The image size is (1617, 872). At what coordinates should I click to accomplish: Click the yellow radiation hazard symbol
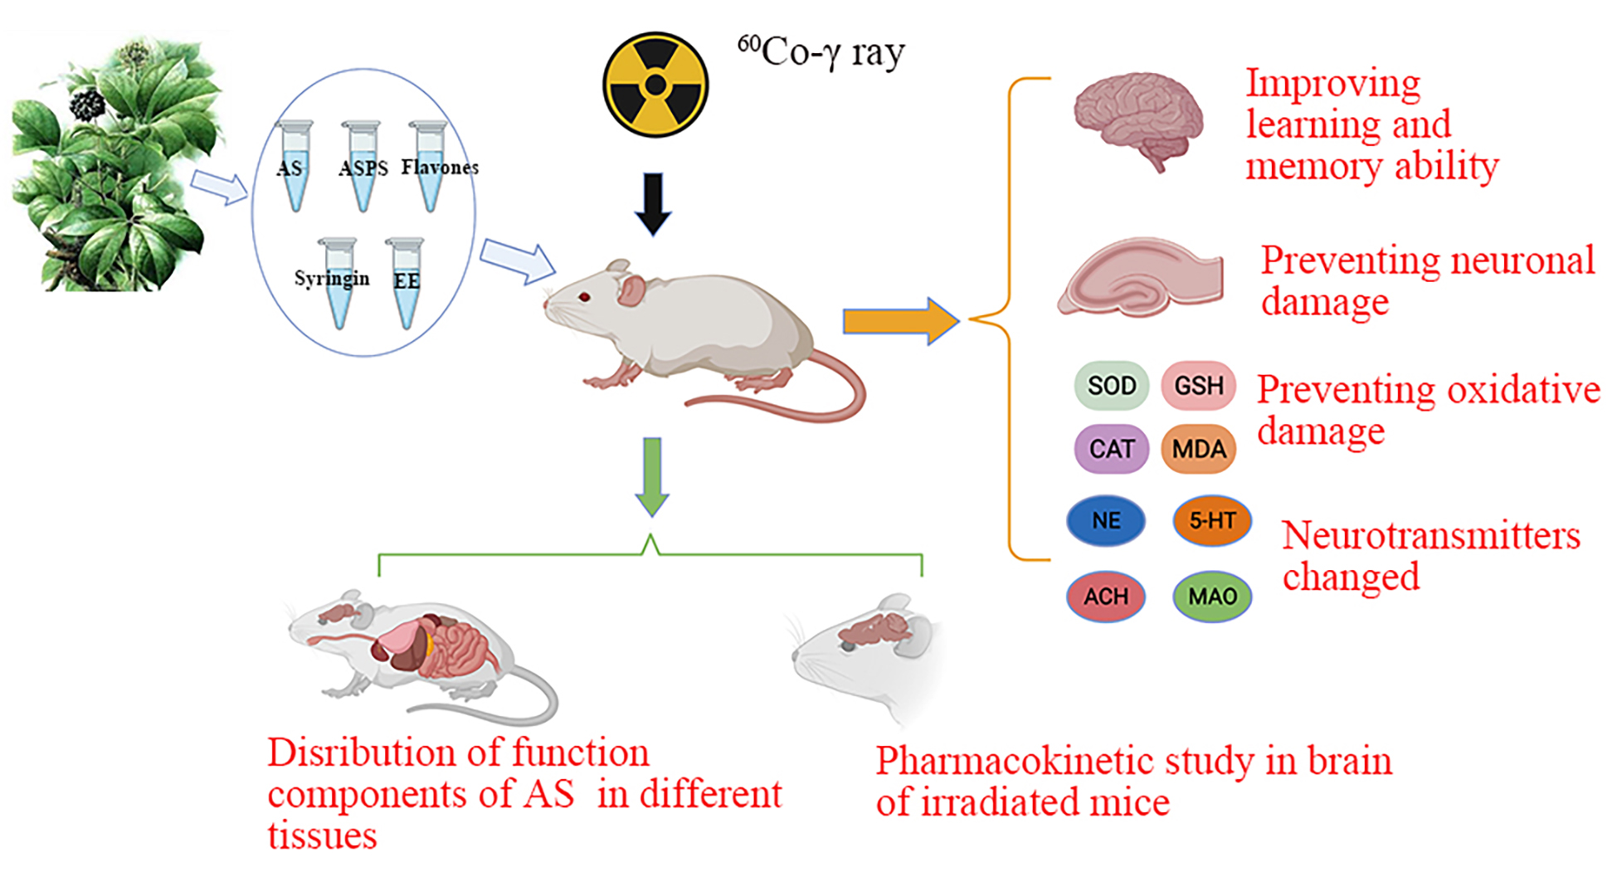coord(655,84)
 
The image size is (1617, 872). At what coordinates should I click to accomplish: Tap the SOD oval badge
coord(1111,386)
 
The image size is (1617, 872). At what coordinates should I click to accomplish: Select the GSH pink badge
coord(1198,386)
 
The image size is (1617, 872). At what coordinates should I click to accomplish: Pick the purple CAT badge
coord(1111,449)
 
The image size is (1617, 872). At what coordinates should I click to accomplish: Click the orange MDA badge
coord(1198,449)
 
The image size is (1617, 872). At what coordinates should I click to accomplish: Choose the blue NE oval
coord(1105,520)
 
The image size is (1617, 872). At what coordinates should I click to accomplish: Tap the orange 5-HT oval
coord(1211,520)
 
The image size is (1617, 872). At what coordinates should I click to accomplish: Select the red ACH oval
coord(1105,596)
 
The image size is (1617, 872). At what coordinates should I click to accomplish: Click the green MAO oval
coord(1211,596)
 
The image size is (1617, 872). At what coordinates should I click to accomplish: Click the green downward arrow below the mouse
coord(652,475)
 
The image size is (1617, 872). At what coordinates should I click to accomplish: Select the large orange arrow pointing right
coord(900,321)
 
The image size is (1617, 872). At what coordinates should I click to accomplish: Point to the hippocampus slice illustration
coord(1140,279)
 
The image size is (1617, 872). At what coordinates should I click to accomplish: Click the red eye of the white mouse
coord(584,296)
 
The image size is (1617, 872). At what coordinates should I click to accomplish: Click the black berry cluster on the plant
coord(86,104)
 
